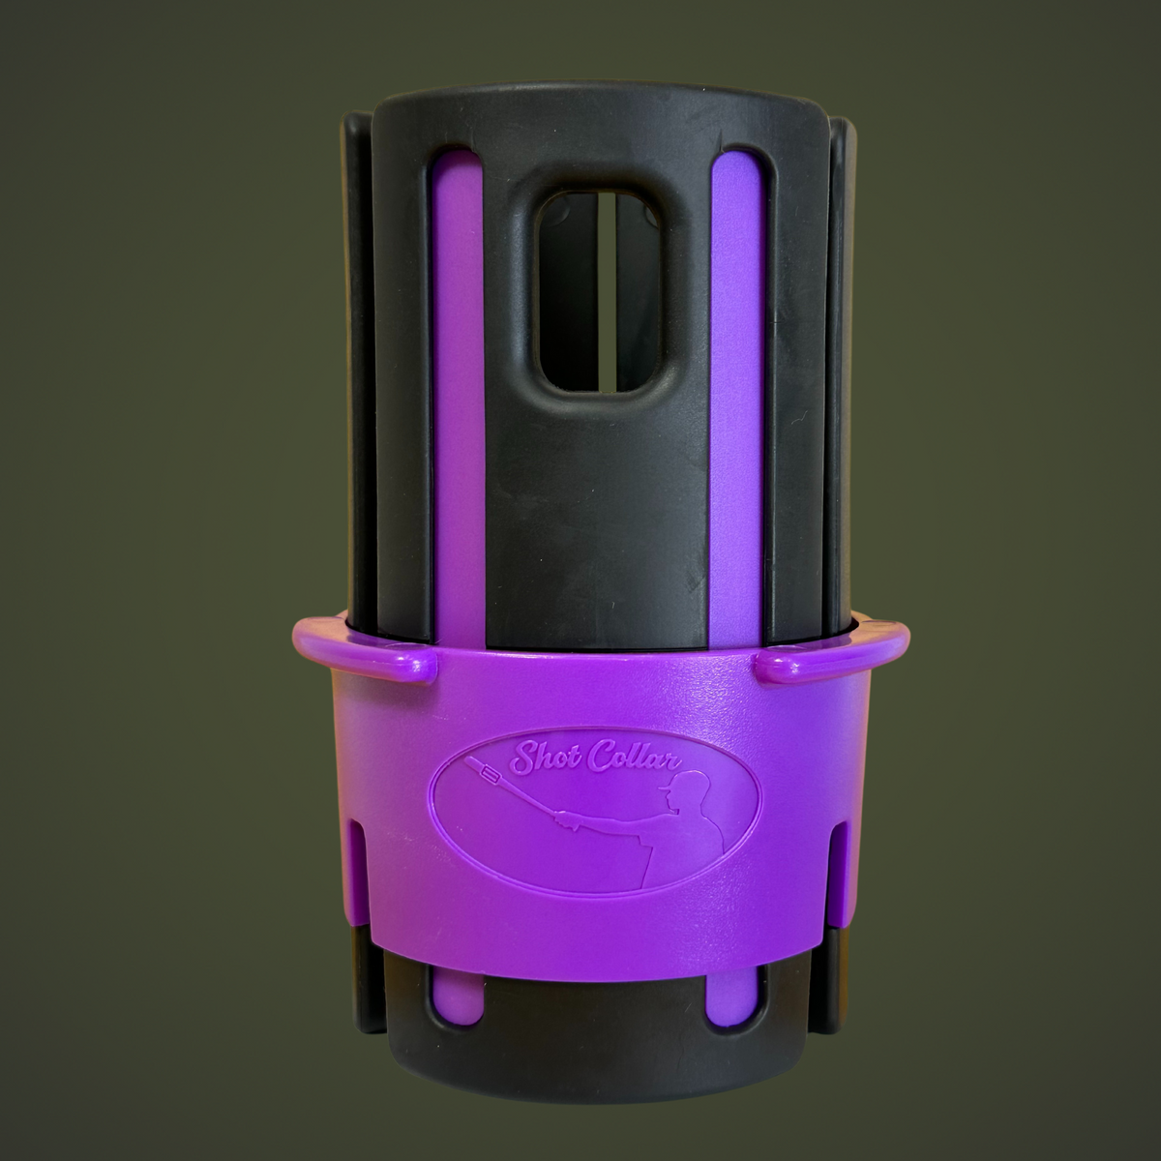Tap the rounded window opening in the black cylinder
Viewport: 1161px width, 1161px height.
pos(596,291)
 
